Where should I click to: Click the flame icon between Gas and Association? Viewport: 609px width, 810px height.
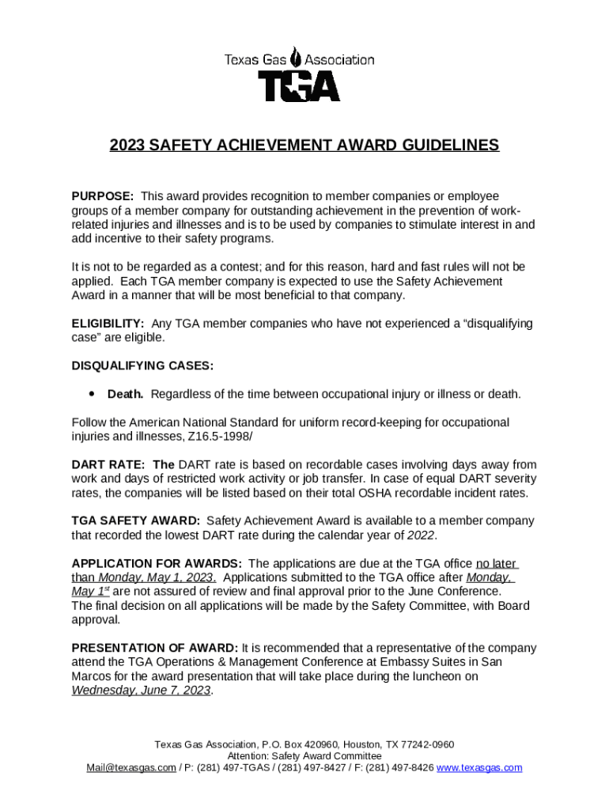[x=295, y=58]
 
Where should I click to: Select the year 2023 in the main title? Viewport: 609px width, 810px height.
[x=127, y=146]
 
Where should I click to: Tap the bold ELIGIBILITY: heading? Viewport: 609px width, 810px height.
[x=108, y=324]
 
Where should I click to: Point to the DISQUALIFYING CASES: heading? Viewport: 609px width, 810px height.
[x=142, y=365]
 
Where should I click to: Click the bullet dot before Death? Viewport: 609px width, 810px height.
[x=93, y=393]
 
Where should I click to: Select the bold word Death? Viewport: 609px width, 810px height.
[x=125, y=394]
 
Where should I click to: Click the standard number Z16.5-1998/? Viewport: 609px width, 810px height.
[x=202, y=437]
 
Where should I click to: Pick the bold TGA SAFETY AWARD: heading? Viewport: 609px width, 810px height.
[x=135, y=521]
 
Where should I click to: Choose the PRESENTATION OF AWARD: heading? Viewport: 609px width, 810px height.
[x=154, y=648]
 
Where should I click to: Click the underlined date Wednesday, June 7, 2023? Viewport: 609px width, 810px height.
[x=141, y=691]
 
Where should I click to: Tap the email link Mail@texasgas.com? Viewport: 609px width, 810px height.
[x=131, y=768]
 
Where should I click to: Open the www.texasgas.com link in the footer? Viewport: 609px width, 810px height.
[x=479, y=768]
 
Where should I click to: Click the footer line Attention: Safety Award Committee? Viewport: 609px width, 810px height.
[x=304, y=756]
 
